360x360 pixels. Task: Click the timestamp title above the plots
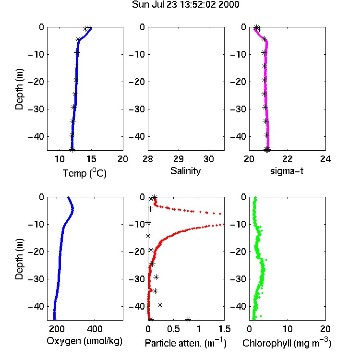(x=185, y=4)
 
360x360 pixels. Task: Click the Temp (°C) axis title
(x=84, y=173)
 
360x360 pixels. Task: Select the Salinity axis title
(x=185, y=171)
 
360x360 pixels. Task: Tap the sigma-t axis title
(x=287, y=171)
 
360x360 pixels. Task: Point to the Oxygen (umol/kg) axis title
(x=84, y=341)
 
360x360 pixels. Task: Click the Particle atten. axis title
(x=185, y=343)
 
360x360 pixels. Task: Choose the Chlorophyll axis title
(x=287, y=343)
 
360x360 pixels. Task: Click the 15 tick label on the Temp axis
(x=91, y=159)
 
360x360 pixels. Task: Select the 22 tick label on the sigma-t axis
(x=287, y=159)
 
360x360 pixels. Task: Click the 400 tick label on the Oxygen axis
(x=95, y=329)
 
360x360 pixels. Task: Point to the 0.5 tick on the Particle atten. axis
(x=173, y=329)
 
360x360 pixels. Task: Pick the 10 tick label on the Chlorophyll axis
(x=288, y=329)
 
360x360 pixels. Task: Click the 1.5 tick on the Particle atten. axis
(x=225, y=329)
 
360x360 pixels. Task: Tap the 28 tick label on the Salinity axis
(x=148, y=159)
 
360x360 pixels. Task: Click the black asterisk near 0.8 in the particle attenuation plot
(x=188, y=319)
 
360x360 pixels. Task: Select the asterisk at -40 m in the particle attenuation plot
(x=160, y=305)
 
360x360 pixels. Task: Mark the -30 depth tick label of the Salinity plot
(x=137, y=109)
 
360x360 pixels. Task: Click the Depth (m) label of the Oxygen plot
(x=19, y=259)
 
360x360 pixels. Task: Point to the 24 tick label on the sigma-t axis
(x=325, y=159)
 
